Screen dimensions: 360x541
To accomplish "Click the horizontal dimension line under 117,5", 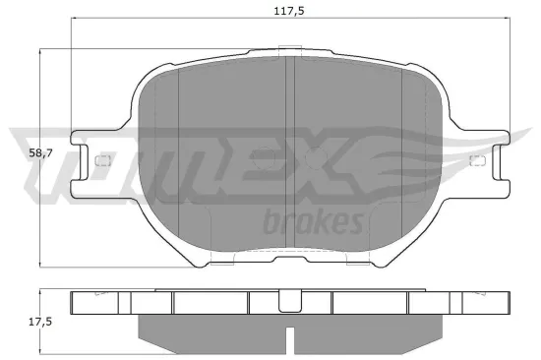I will coord(197,21).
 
